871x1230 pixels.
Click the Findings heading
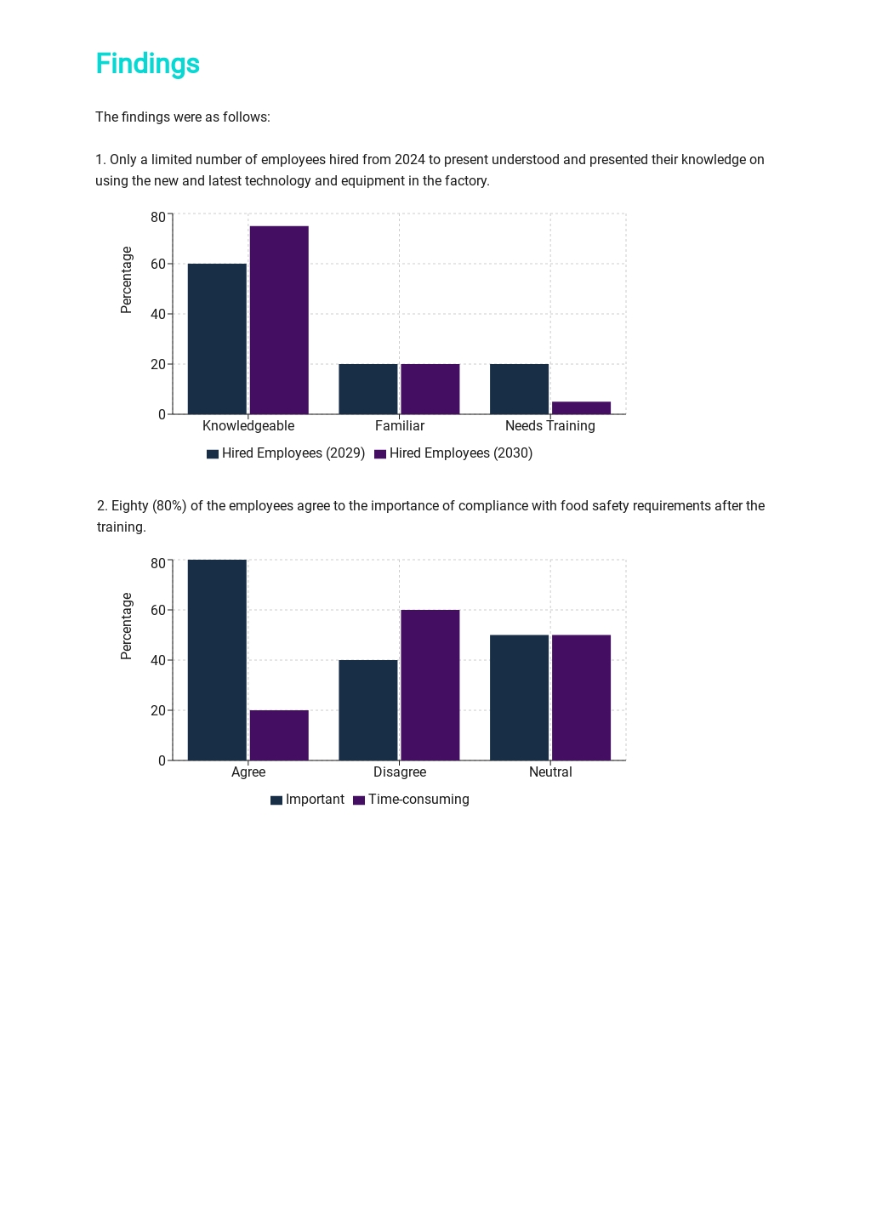point(148,64)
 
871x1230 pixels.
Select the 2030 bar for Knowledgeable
point(279,320)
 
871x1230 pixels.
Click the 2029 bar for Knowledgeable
point(217,339)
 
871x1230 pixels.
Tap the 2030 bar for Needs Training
point(581,407)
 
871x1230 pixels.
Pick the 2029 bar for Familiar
point(368,389)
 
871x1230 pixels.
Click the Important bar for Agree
point(217,659)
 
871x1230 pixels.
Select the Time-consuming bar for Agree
point(279,735)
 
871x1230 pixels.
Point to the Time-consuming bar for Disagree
point(430,685)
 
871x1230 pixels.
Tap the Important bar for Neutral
point(519,698)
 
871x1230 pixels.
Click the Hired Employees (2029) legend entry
point(286,453)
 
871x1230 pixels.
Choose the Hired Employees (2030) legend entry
point(453,453)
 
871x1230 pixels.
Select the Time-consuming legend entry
point(411,800)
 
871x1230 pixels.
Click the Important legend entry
point(307,800)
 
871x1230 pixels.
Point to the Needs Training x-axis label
point(550,426)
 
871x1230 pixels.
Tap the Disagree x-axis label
point(400,772)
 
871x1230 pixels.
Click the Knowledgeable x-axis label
point(248,426)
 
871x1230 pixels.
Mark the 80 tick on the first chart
point(158,218)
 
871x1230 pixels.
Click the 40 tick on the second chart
point(158,660)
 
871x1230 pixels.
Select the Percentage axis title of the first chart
point(127,280)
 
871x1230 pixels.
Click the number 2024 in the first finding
point(409,160)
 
